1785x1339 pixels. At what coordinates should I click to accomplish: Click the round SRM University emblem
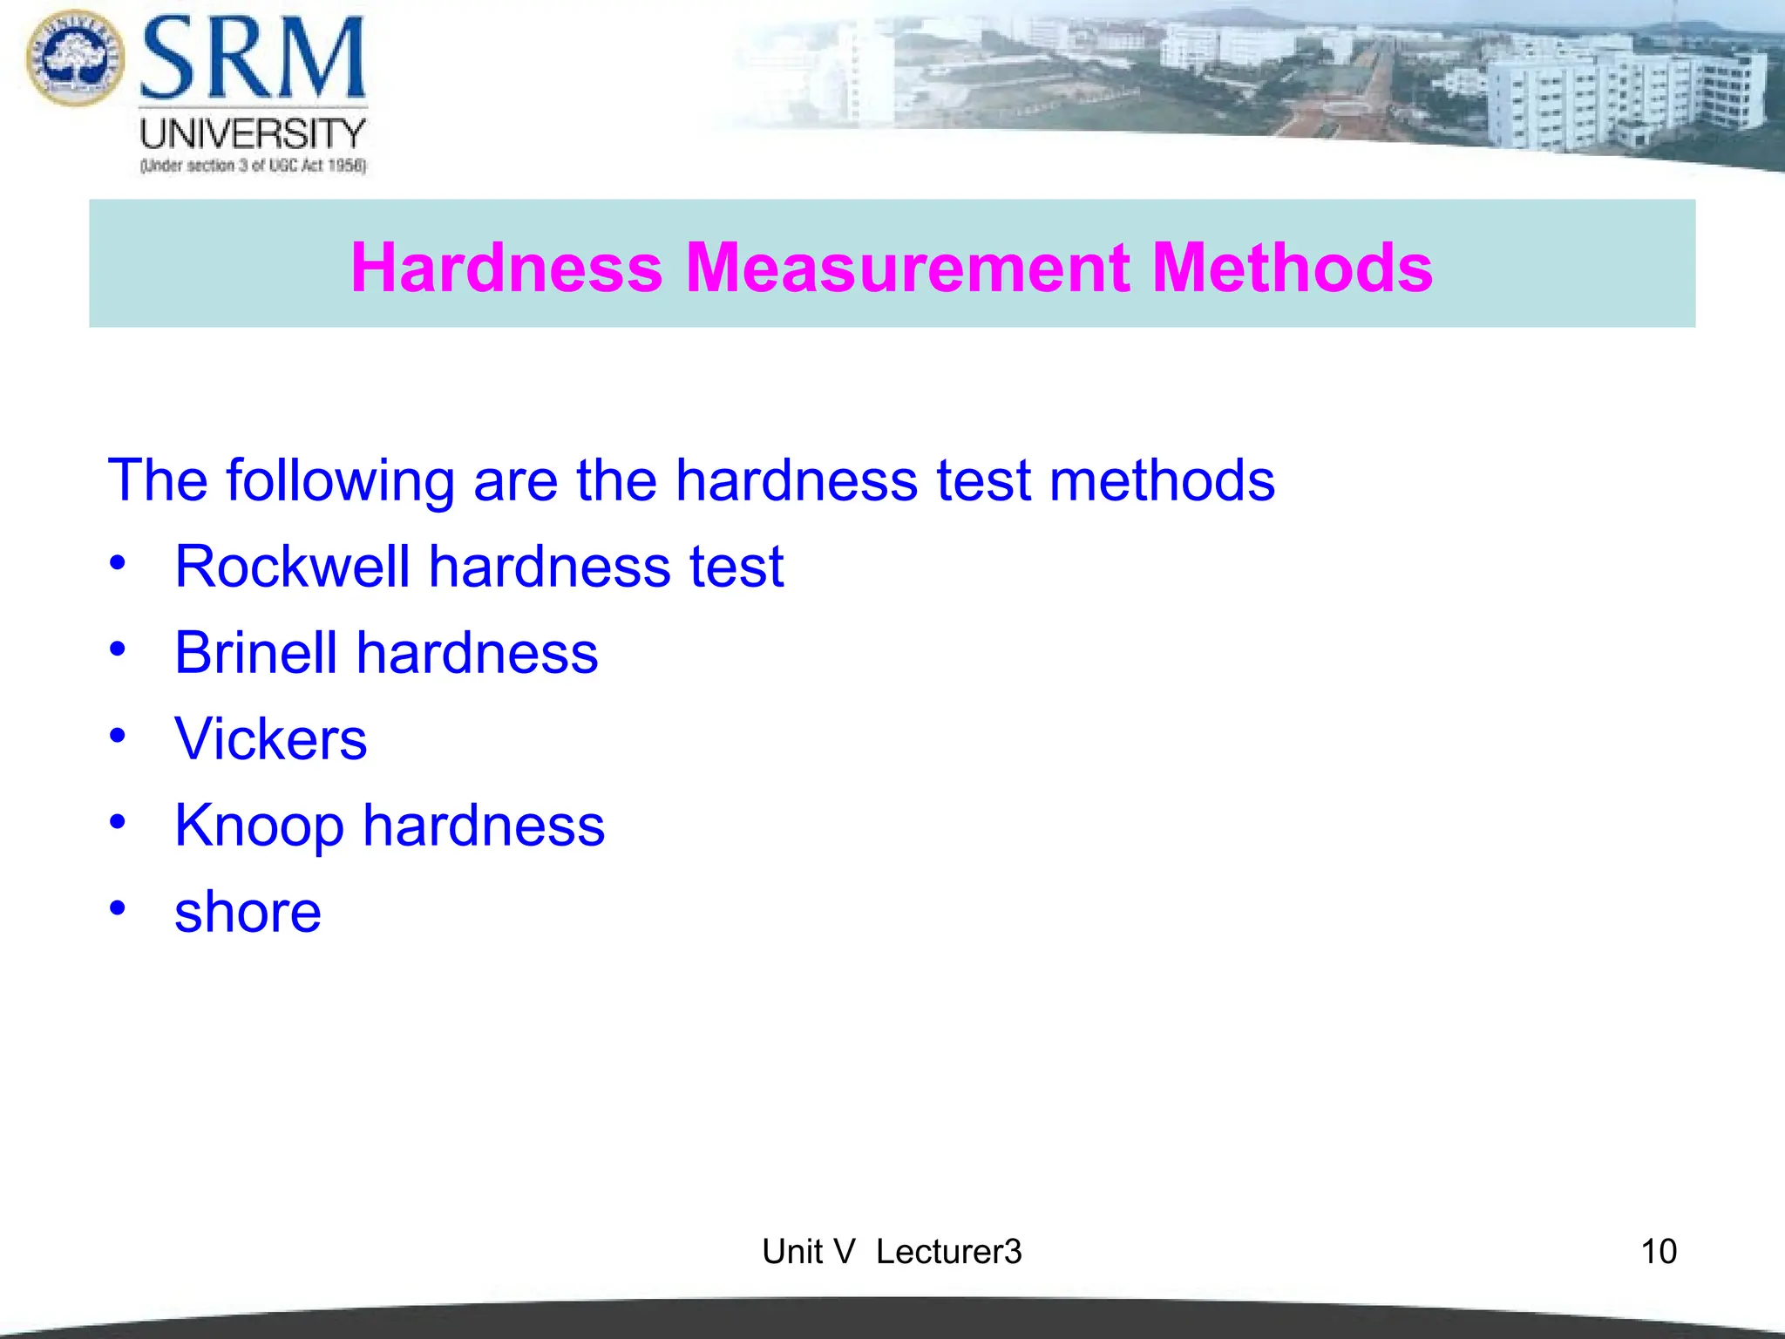tap(75, 58)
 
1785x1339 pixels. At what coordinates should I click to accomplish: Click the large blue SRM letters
tap(253, 59)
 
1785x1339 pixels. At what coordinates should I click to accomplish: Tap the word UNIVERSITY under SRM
tap(253, 134)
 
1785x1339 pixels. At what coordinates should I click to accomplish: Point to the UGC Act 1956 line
tap(253, 166)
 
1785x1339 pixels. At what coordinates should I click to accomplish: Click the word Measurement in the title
tap(906, 267)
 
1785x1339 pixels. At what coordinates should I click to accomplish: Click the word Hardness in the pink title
tap(506, 267)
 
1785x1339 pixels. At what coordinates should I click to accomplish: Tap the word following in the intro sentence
tap(340, 481)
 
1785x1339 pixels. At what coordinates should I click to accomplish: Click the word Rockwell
tap(292, 567)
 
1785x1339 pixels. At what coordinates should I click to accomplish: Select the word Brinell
tap(255, 653)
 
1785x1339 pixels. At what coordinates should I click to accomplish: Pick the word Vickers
tap(270, 739)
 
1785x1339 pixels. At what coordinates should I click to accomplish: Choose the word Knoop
tap(259, 826)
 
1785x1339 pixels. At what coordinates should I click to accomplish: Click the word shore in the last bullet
tap(248, 913)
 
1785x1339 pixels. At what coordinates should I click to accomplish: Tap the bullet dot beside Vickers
tap(118, 735)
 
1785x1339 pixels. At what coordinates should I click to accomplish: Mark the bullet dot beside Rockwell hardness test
tap(118, 562)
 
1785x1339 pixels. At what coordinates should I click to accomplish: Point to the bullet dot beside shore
tap(118, 907)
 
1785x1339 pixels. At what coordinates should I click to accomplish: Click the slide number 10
tap(1658, 1252)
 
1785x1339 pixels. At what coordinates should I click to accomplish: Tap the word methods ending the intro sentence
tap(1162, 481)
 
